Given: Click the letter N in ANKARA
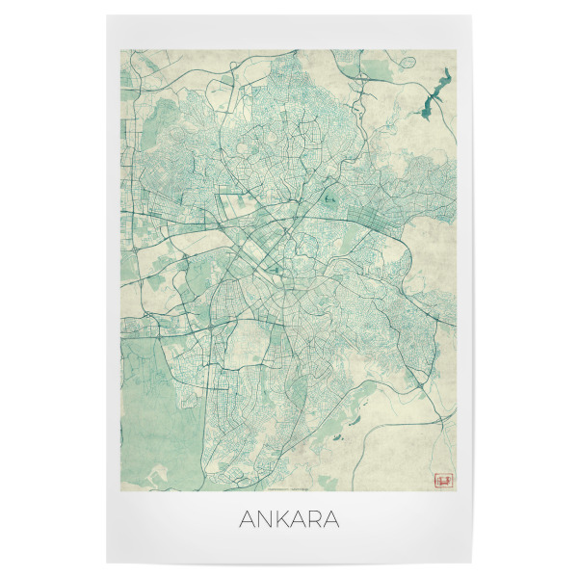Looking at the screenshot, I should point(258,520).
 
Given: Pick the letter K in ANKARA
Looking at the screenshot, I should point(277,520).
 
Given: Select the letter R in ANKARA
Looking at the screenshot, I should point(314,520).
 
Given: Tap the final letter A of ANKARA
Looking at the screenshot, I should point(332,520).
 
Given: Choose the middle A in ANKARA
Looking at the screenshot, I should point(295,520).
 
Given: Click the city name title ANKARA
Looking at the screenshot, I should point(287,520).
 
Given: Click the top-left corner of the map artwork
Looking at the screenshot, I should point(123,51).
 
